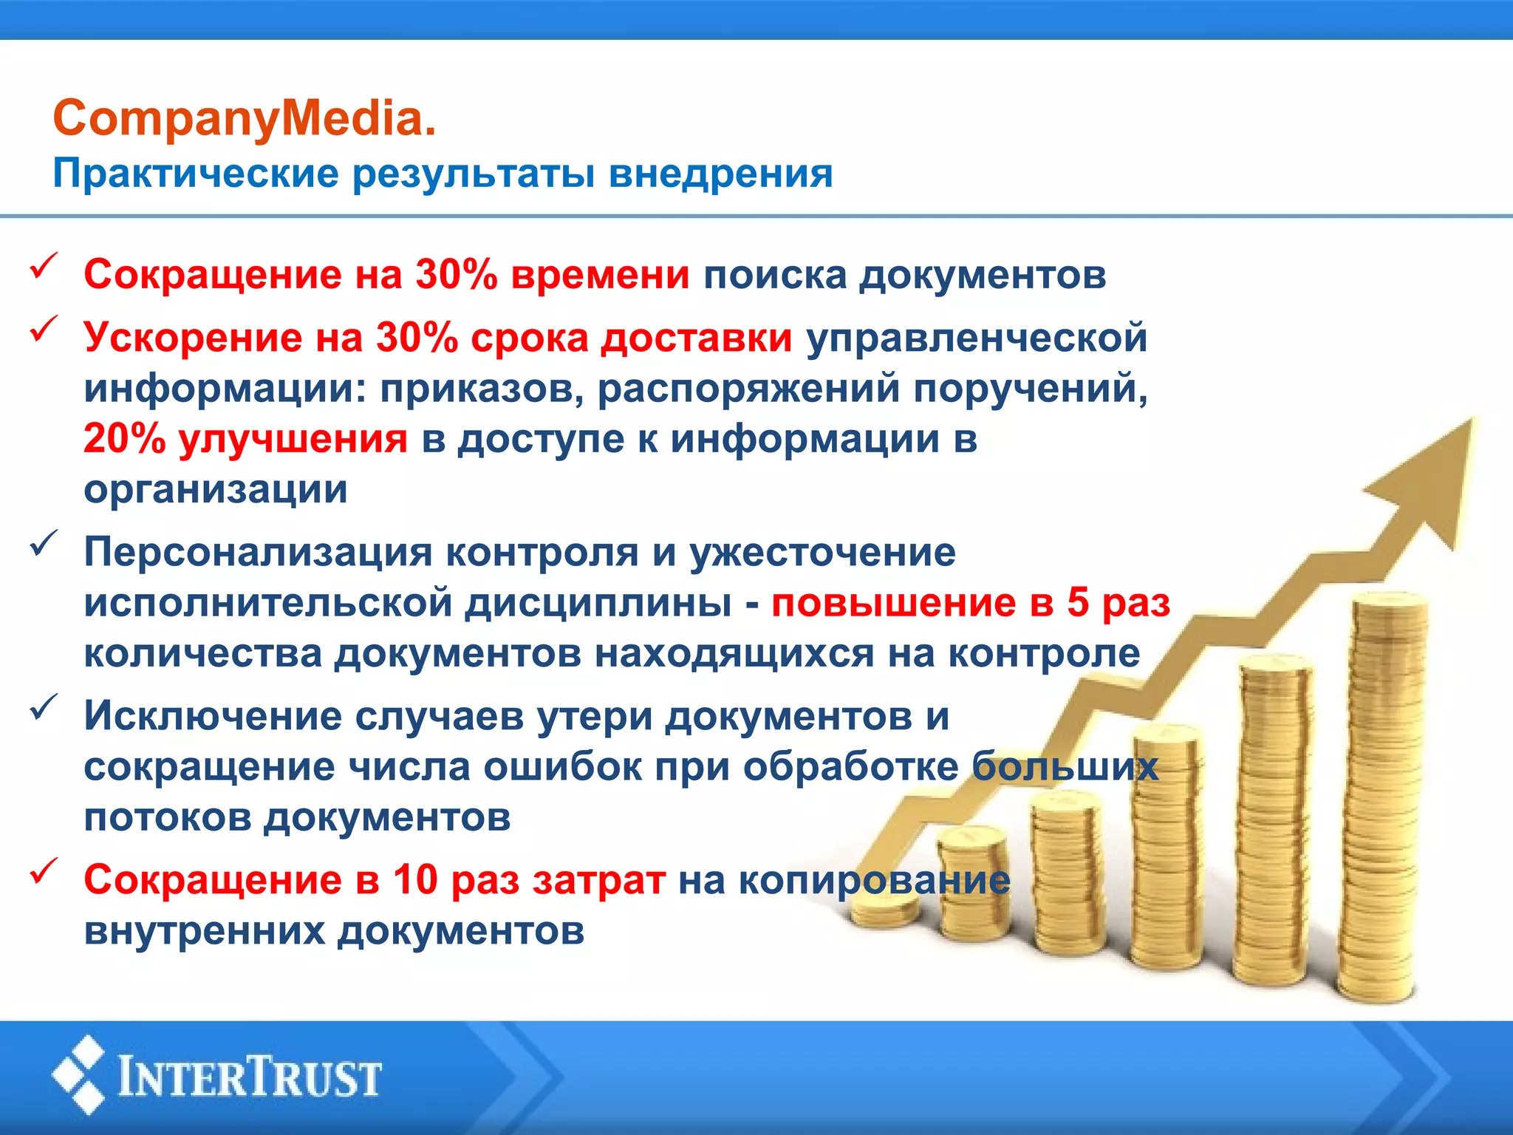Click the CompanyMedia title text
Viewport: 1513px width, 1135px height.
[245, 118]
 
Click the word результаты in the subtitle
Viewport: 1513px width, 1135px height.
[473, 174]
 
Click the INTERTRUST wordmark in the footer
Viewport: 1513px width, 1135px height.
[250, 1077]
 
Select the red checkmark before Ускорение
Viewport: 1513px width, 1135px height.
[44, 330]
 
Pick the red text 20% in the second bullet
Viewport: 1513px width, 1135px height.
[124, 439]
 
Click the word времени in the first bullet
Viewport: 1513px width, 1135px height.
[600, 275]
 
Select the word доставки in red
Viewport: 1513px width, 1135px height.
[696, 338]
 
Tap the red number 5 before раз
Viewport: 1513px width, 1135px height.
[1078, 602]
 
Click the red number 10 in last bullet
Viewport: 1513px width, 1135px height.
[415, 880]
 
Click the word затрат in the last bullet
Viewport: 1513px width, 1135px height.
[598, 880]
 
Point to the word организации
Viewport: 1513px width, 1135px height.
[216, 489]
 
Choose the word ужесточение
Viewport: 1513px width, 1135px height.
[822, 553]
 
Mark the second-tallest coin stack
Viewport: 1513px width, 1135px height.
[1274, 820]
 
